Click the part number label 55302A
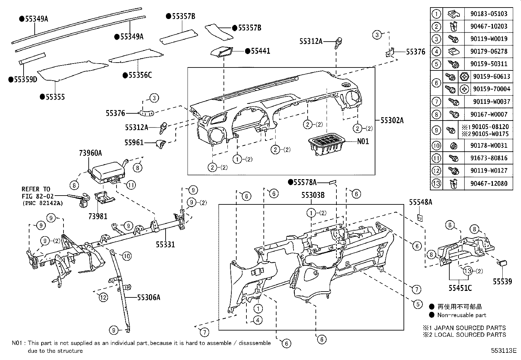(392, 121)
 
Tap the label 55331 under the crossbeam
(165, 244)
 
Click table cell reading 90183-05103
(489, 14)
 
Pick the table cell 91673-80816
(489, 158)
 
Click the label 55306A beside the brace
(149, 297)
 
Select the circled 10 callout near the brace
(127, 256)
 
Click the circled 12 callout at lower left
(103, 297)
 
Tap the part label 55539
(502, 281)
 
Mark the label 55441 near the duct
(260, 51)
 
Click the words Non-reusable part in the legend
(462, 315)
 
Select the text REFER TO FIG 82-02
(36, 193)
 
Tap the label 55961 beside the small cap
(134, 142)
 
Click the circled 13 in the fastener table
(436, 183)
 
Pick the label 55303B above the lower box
(313, 195)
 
